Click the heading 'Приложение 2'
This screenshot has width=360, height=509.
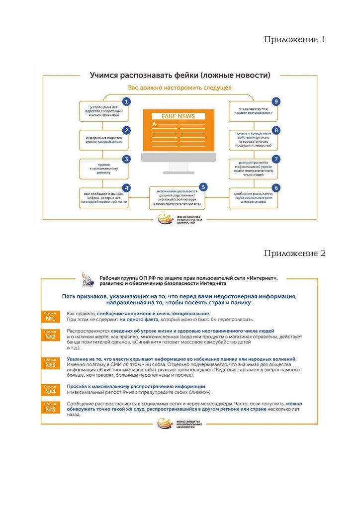(x=294, y=254)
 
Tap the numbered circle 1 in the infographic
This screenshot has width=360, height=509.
(x=127, y=101)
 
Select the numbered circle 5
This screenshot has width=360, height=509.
(x=203, y=187)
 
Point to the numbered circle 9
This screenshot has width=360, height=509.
(x=276, y=101)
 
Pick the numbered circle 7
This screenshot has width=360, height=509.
(x=276, y=159)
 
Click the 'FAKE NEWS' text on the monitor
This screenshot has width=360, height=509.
(x=178, y=116)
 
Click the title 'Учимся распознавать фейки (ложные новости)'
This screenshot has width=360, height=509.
(x=180, y=76)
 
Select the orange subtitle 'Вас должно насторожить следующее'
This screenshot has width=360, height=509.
(x=180, y=88)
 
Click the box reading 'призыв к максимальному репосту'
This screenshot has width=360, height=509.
(x=104, y=169)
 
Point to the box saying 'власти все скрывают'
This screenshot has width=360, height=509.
(x=253, y=111)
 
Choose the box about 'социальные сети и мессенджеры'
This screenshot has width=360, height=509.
(x=253, y=197)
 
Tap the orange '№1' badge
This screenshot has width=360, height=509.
(x=50, y=317)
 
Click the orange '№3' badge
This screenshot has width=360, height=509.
(x=50, y=364)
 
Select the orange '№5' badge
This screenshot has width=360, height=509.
(x=50, y=408)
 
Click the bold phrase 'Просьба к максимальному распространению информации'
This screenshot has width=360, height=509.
(x=136, y=386)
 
